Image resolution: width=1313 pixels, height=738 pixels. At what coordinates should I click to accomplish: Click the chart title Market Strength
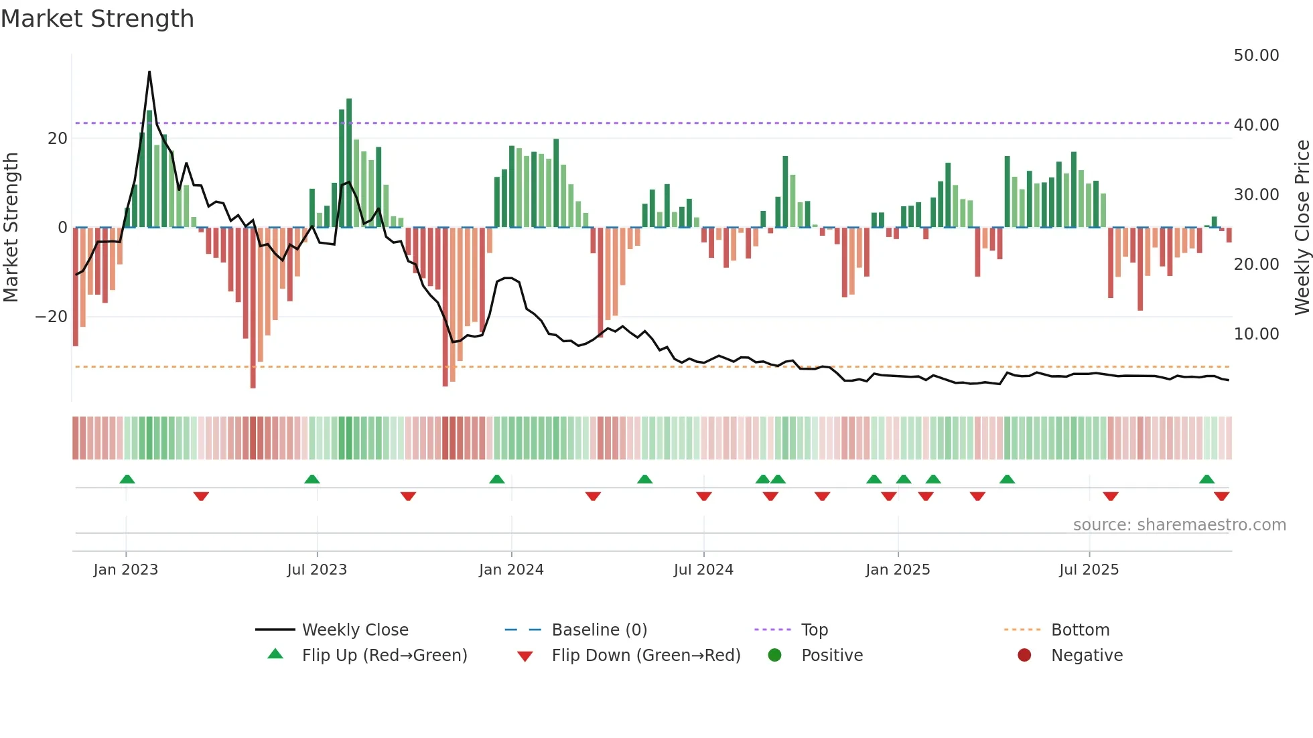97,19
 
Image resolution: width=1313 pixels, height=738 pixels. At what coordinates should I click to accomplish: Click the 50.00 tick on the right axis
1256,56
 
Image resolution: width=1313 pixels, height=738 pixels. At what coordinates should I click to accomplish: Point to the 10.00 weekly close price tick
1256,334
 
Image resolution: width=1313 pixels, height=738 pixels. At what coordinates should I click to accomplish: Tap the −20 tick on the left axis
52,317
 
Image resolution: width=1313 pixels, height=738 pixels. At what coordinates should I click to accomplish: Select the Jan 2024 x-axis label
511,570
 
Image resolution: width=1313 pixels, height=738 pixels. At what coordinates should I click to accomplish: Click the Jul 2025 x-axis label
1089,570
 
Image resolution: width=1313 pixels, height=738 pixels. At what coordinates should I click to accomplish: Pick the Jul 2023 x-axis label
317,570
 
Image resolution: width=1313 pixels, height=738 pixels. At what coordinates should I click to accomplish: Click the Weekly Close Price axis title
1302,228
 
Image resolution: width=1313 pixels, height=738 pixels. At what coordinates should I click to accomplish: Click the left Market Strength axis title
11,228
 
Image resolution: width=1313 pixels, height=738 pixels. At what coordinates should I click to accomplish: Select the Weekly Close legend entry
355,630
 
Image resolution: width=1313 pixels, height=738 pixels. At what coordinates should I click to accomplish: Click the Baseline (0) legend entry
599,630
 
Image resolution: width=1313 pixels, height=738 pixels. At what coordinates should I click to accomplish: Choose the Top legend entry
815,630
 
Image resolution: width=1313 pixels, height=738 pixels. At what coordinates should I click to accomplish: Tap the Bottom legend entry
1080,630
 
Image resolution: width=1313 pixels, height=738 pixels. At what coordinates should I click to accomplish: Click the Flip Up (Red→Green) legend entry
385,656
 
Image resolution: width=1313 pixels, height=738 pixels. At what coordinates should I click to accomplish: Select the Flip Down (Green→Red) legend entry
646,656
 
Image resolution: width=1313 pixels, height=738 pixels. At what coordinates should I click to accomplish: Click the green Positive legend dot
775,656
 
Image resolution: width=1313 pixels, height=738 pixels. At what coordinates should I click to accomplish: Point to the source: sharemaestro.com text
1179,525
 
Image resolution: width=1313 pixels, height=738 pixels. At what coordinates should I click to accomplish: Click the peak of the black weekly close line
149,72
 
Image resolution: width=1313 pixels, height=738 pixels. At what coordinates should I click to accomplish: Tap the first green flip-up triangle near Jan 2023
127,479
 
